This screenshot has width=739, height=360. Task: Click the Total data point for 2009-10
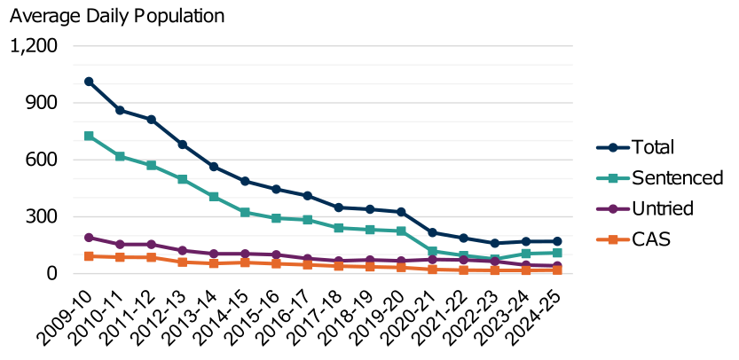pos(89,82)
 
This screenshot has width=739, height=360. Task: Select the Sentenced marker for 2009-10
pos(89,136)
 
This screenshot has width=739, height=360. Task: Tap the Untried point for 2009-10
pos(89,238)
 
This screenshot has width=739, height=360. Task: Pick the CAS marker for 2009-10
pos(89,256)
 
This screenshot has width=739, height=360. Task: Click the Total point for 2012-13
pos(183,145)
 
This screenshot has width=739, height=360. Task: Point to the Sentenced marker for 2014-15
pos(245,213)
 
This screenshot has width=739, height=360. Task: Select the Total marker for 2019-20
pos(401,212)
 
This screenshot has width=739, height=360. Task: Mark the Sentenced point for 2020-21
pos(432,251)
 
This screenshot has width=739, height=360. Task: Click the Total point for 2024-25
pos(557,241)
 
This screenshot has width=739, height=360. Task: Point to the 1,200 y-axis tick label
pos(33,46)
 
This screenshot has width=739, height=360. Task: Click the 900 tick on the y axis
pos(40,103)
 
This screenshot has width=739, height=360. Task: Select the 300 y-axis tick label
pos(40,217)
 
